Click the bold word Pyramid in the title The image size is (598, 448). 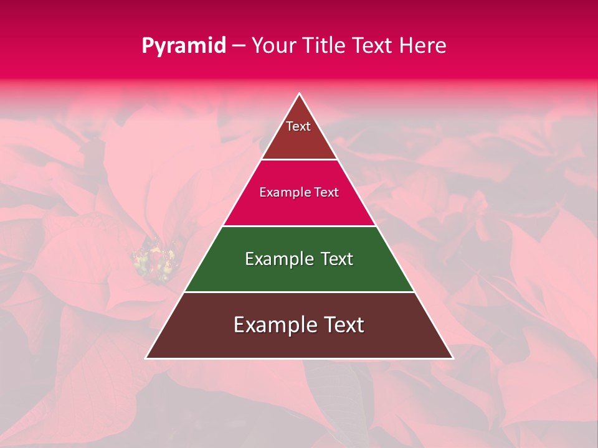(184, 45)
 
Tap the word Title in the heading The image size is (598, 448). (326, 45)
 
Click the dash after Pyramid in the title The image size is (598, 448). (239, 46)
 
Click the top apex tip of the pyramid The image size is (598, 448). (299, 94)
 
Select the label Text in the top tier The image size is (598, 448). (298, 126)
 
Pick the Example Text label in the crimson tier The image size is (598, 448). (299, 192)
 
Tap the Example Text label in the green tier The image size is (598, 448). (299, 259)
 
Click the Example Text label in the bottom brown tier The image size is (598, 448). (299, 325)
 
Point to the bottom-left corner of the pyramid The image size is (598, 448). (146, 358)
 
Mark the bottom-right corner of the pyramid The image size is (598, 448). (452, 358)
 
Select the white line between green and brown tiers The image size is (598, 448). (299, 292)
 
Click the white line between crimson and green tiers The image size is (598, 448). (299, 226)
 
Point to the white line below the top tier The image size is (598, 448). (299, 160)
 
